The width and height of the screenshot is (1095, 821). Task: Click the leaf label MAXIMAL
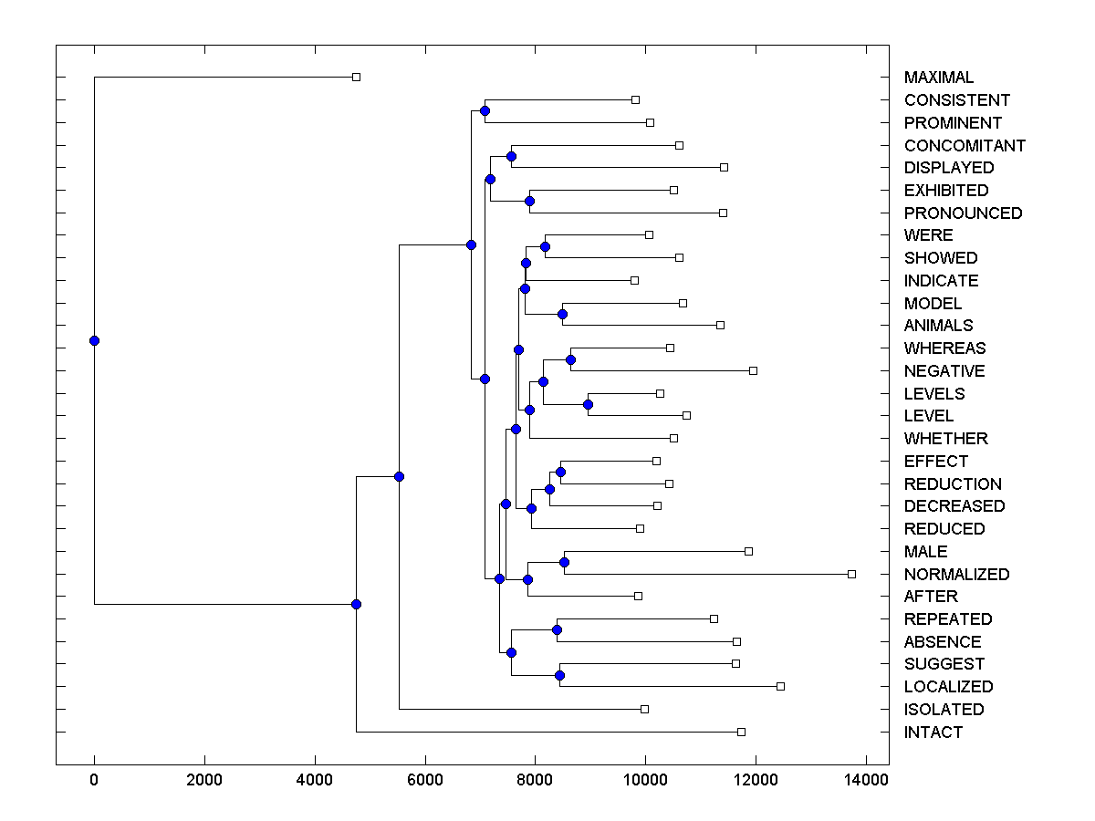938,78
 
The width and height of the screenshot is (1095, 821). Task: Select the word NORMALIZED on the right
956,574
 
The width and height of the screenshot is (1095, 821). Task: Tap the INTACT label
933,732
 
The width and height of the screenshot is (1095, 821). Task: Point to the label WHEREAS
944,348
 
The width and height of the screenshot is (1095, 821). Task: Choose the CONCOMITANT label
965,145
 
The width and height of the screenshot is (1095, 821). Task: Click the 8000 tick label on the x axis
535,780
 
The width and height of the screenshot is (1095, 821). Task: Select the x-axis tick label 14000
865,780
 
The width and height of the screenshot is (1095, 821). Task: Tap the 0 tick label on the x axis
94,780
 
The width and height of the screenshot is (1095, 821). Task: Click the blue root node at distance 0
94,340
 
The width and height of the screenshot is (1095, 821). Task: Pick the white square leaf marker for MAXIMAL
356,77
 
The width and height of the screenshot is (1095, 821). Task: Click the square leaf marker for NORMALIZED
851,574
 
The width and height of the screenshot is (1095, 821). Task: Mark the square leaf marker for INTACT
741,732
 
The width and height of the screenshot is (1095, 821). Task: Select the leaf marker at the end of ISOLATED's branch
644,709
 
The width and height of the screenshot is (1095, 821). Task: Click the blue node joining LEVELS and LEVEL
588,404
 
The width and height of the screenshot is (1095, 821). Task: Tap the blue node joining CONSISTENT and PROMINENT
485,110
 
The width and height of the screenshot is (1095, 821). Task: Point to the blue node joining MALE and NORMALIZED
564,562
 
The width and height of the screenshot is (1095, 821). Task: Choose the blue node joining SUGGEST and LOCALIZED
559,675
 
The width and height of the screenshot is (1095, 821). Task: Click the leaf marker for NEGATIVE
753,370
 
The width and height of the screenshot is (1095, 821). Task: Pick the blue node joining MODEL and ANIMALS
562,314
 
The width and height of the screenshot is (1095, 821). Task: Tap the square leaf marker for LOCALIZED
780,686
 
